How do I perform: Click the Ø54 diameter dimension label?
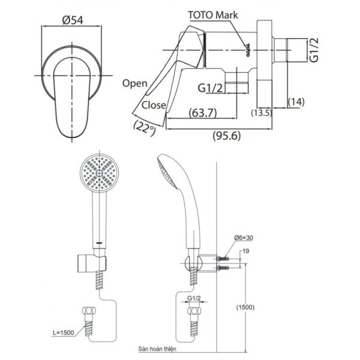[x=73, y=20]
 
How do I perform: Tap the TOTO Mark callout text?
[x=213, y=15]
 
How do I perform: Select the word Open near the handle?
[x=135, y=83]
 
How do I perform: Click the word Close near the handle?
[x=154, y=105]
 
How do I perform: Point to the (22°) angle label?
[x=145, y=128]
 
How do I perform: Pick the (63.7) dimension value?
[x=203, y=113]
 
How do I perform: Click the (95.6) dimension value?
[x=227, y=136]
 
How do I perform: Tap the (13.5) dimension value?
[x=262, y=113]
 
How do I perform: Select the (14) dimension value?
[x=296, y=102]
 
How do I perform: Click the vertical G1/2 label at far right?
[x=314, y=50]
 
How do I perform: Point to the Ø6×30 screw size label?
[x=244, y=238]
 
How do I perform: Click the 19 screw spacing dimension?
[x=245, y=251]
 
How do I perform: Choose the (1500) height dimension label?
[x=245, y=307]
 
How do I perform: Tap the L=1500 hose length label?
[x=64, y=332]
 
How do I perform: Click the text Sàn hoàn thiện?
[x=157, y=349]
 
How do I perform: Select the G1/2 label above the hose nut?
[x=194, y=298]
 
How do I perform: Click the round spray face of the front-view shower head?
[x=99, y=173]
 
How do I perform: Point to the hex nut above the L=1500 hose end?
[x=89, y=311]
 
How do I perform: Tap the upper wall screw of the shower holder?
[x=223, y=259]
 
